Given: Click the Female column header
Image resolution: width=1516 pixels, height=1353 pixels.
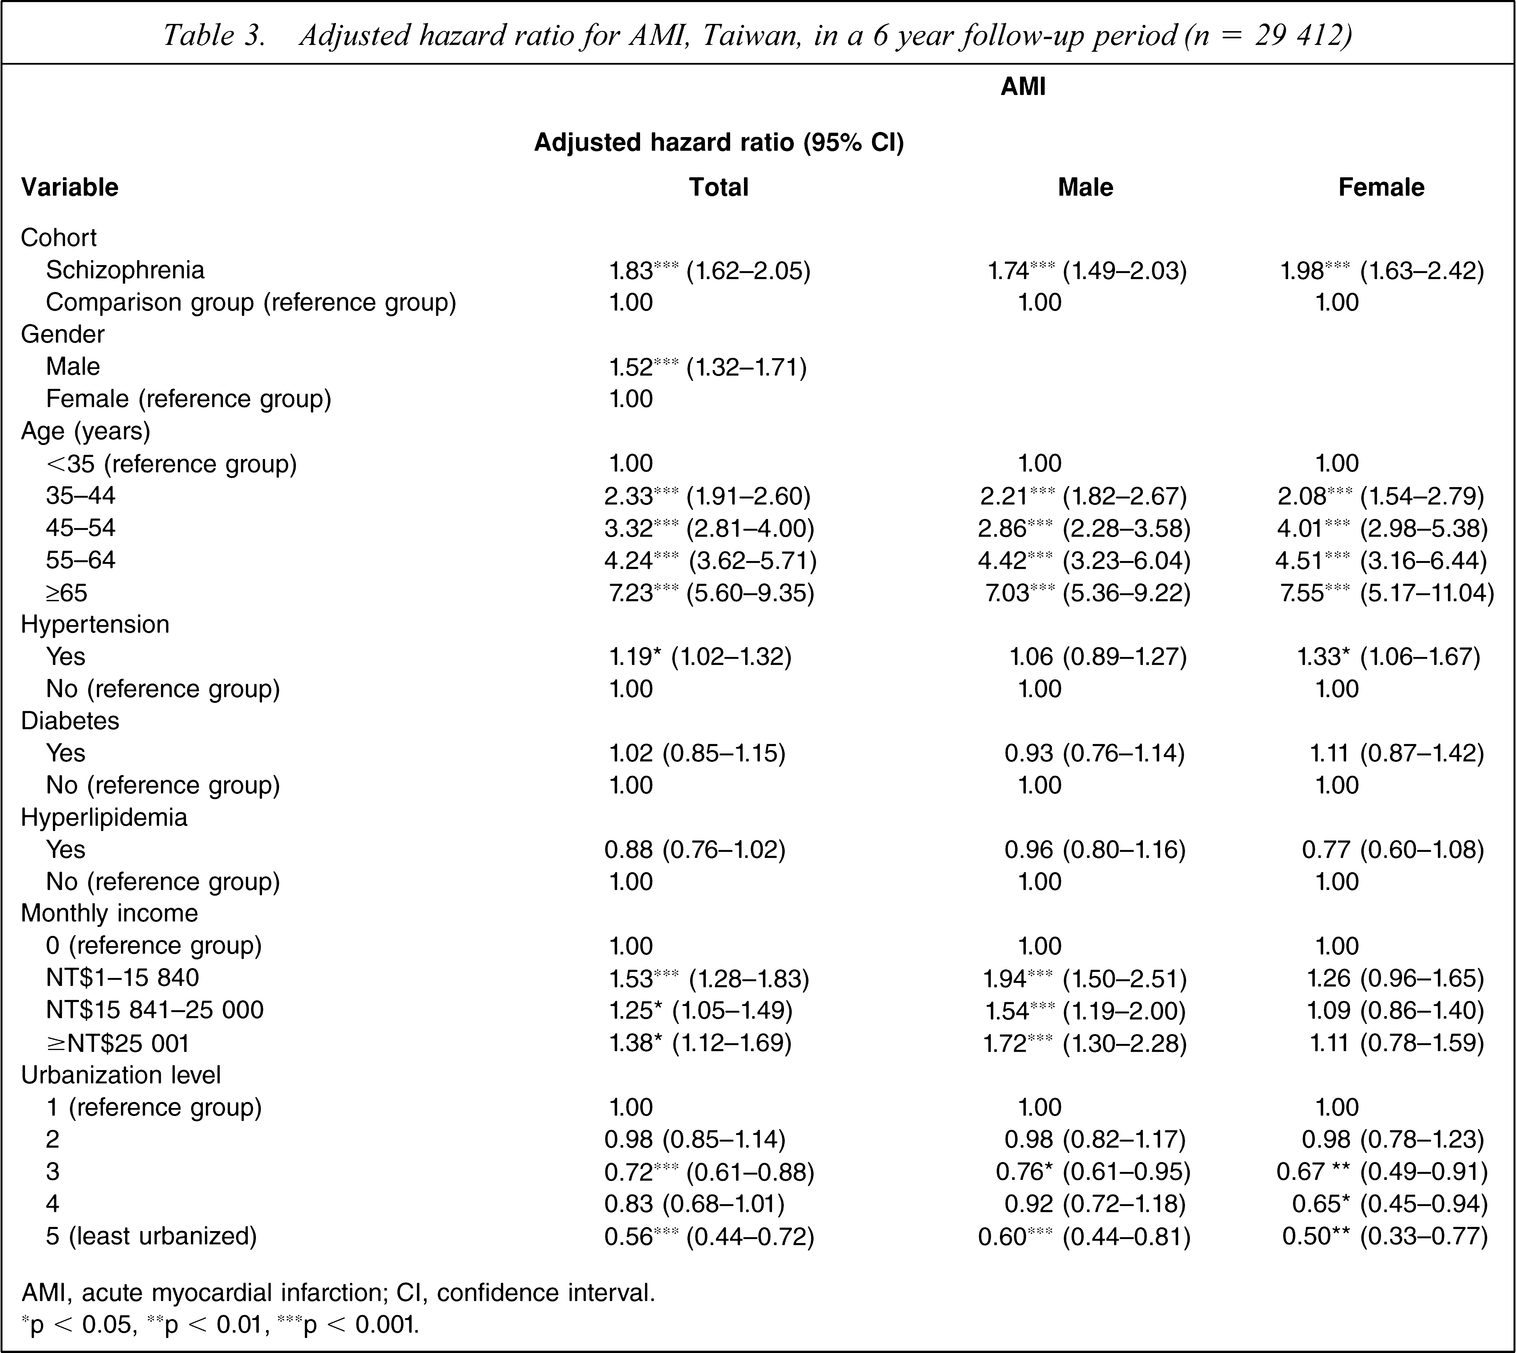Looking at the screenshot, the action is click(1381, 187).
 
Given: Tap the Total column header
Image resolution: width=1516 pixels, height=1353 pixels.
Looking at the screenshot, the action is click(718, 187).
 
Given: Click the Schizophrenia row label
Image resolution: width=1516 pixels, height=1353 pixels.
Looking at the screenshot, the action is click(125, 270).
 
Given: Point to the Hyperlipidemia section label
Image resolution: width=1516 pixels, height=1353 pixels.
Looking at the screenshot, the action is click(104, 818).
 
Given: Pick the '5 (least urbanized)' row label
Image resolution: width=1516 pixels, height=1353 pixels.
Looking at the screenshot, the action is click(152, 1236).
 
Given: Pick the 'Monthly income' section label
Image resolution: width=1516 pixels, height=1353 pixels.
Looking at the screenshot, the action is click(109, 914).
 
